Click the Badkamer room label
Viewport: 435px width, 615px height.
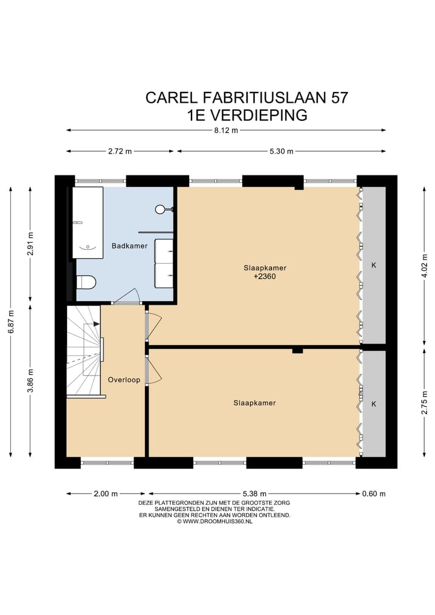(x=129, y=246)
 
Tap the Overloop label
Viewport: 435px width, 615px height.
(x=124, y=380)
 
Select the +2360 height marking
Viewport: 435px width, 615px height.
(x=265, y=276)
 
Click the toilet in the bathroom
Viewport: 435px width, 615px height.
(x=86, y=282)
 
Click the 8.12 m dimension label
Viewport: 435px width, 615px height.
(x=226, y=131)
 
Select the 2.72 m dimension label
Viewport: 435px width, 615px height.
(x=120, y=151)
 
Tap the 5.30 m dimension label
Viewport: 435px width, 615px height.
(x=282, y=151)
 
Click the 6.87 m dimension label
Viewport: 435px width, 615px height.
(x=11, y=322)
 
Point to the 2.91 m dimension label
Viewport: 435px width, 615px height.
(x=31, y=244)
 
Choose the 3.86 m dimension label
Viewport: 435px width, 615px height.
(x=31, y=380)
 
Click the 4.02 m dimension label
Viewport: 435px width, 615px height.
(x=425, y=265)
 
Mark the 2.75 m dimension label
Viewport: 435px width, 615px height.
(x=425, y=402)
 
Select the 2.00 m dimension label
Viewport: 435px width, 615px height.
(x=106, y=494)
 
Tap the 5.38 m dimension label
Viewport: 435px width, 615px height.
(x=255, y=494)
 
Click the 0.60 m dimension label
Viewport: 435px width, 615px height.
(x=374, y=494)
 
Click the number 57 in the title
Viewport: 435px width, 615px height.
(x=340, y=98)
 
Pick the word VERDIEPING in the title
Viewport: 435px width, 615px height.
(x=259, y=116)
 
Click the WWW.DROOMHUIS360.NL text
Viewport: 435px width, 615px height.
(x=217, y=522)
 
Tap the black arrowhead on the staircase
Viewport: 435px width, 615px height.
(x=97, y=324)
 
